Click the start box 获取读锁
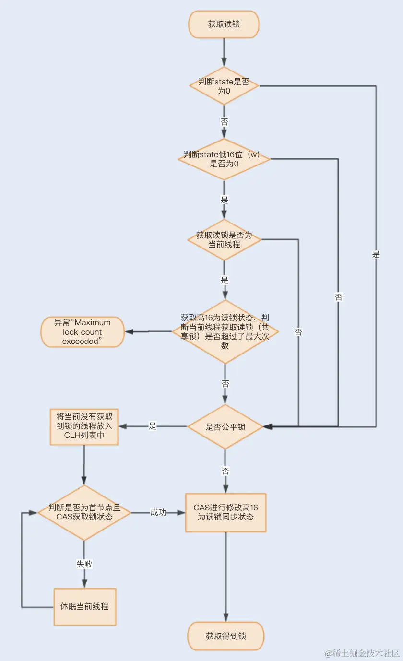224,24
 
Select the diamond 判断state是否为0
224,86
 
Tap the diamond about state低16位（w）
224,159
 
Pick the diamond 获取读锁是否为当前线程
224,239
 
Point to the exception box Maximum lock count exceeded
83,332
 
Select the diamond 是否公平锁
225,426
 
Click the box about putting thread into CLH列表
84,426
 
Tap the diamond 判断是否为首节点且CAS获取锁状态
84,512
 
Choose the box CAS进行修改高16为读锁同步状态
225,512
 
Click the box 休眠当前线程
84,606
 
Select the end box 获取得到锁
225,636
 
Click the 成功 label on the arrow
158,512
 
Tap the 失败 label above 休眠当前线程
84,564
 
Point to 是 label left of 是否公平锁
153,426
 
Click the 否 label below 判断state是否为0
224,122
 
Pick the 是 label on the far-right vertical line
376,255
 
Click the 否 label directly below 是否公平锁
225,471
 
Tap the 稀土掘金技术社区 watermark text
367,653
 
